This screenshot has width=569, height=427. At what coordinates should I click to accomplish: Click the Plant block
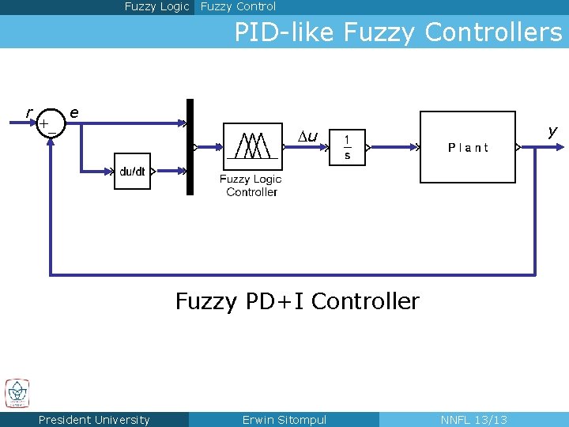click(467, 147)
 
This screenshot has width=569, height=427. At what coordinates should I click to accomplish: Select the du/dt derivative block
click(132, 172)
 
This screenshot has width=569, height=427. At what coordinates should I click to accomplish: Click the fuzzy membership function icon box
click(252, 146)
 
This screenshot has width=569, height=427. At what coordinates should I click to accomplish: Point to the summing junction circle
click(50, 123)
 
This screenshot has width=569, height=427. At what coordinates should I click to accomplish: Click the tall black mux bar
click(190, 146)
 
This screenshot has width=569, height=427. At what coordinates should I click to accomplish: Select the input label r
click(28, 112)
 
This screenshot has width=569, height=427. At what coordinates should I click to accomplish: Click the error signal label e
click(73, 112)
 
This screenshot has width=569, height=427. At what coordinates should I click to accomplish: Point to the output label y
click(552, 130)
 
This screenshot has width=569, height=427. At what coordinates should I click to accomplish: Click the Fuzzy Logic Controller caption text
click(251, 186)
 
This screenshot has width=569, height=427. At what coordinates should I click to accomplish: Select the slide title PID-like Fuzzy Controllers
click(398, 32)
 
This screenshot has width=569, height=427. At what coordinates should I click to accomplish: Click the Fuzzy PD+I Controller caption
click(297, 301)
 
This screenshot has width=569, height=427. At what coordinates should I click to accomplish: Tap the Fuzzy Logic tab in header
click(156, 6)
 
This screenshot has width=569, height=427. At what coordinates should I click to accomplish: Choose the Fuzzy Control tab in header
click(238, 6)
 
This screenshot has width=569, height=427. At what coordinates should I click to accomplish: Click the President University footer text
click(94, 420)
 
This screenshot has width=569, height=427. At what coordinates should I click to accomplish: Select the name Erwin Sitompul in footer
click(284, 420)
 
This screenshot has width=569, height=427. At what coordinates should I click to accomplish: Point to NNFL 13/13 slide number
click(473, 420)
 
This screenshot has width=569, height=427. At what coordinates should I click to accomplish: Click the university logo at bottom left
click(17, 393)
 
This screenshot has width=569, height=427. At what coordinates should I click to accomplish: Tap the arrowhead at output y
click(559, 146)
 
